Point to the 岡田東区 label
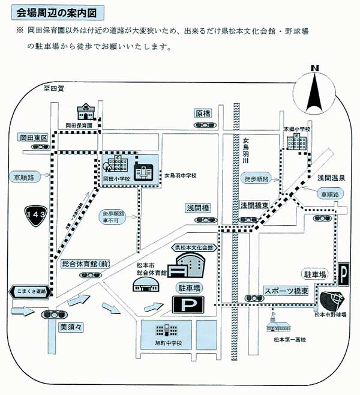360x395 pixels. pyautogui.click(x=32, y=137)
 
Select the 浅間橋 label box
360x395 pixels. pyautogui.click(x=197, y=208)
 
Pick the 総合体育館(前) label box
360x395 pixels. pyautogui.click(x=87, y=263)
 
